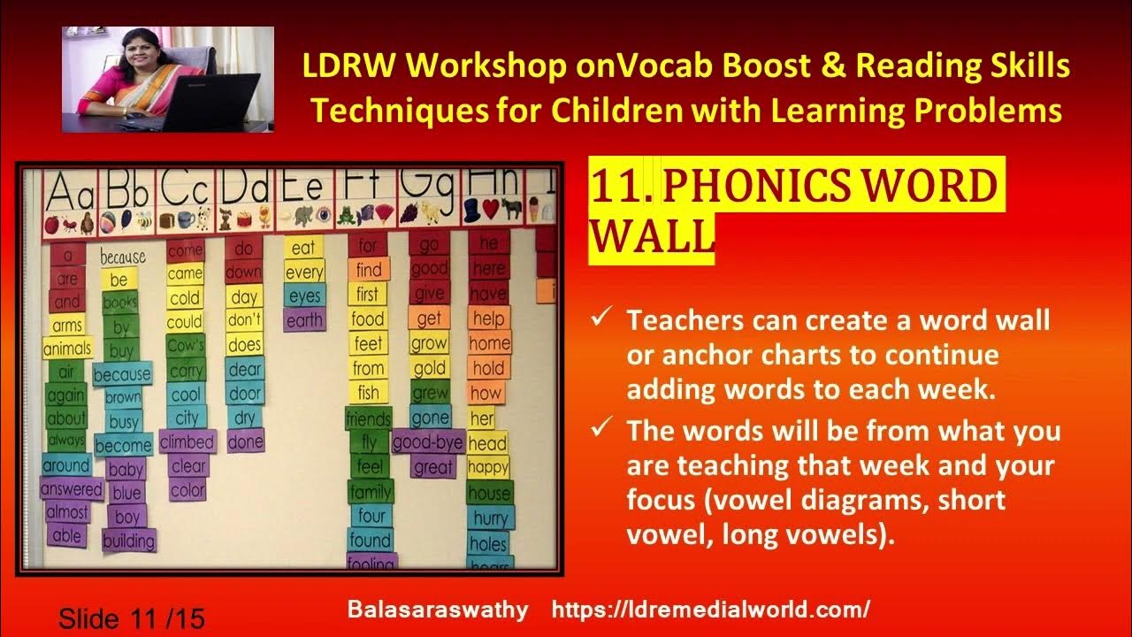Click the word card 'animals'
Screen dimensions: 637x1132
67,348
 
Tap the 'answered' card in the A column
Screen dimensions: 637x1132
72,488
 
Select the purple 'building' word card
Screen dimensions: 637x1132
128,540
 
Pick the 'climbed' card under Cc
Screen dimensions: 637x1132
187,441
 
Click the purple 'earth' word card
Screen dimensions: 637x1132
305,320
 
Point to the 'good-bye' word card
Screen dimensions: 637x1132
429,441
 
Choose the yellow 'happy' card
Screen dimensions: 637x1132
488,467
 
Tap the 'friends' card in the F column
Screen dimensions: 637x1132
369,418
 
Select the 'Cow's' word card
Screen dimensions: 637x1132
186,345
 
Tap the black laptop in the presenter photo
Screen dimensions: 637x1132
212,102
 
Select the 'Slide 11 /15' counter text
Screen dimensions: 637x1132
132,618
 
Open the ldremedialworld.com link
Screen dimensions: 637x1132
710,610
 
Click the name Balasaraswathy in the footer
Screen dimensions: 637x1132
438,610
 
